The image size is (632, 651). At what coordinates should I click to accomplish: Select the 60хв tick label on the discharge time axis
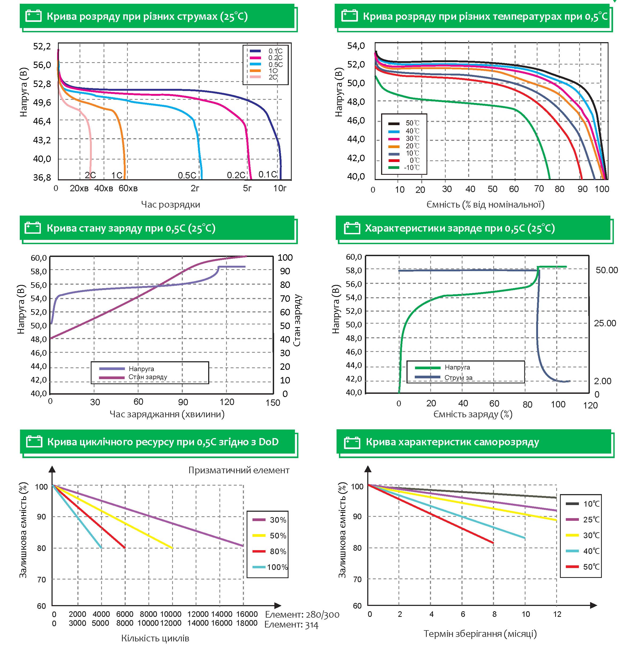click(128, 189)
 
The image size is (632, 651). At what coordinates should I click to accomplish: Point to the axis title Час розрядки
click(171, 204)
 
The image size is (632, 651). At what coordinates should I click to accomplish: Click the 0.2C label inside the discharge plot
click(236, 175)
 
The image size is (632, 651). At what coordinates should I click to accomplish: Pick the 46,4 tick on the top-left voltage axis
click(42, 121)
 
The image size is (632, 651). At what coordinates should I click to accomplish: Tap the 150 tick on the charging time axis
click(273, 403)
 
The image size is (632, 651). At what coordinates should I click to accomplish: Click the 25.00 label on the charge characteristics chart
click(605, 323)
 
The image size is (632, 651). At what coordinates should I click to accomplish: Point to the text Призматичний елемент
click(239, 470)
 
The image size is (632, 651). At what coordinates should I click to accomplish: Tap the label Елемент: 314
click(291, 625)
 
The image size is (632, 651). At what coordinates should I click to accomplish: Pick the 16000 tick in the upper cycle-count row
click(247, 614)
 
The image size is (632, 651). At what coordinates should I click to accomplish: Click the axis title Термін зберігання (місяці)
click(480, 634)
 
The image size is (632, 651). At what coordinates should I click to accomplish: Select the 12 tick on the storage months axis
click(557, 614)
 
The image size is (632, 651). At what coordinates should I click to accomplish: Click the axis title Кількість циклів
click(155, 638)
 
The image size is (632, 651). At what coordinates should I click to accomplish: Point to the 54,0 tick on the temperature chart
click(356, 46)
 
